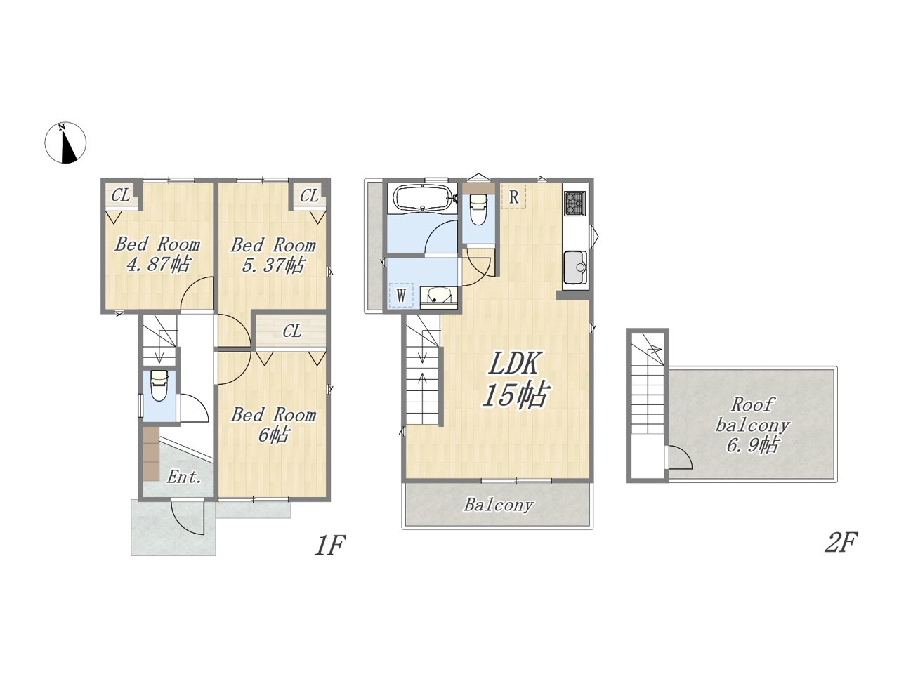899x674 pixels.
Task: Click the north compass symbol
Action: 65,143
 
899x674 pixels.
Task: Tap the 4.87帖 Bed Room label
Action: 158,254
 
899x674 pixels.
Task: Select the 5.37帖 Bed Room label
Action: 273,255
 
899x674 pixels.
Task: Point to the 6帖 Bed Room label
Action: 273,425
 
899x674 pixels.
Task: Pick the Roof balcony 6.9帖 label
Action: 752,425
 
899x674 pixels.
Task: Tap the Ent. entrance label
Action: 184,477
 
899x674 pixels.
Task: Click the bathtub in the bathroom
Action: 422,199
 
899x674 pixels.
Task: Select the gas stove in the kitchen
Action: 575,203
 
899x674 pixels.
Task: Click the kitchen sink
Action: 575,267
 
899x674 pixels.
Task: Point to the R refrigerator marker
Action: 513,197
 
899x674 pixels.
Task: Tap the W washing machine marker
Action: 401,295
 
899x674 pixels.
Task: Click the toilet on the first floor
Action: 159,385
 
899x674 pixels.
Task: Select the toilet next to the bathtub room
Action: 478,209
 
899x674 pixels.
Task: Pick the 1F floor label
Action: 330,544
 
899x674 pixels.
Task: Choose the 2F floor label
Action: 841,542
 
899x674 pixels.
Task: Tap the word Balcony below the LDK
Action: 499,505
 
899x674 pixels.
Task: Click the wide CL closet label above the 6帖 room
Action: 291,331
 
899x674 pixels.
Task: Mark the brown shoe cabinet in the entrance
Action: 151,454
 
